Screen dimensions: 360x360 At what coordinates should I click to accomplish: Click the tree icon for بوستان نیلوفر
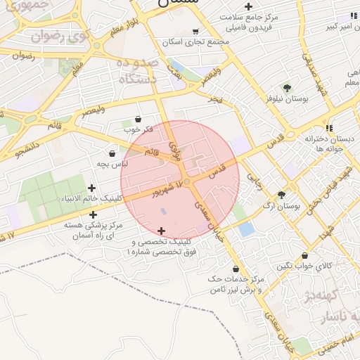(x=286, y=88)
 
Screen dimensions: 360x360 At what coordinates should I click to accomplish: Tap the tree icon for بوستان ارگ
(x=282, y=195)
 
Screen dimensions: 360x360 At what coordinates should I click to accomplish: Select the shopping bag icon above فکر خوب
(x=137, y=120)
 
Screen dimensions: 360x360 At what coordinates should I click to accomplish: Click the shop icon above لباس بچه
(x=112, y=153)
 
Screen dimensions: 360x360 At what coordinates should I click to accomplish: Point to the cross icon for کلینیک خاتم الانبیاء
(x=92, y=188)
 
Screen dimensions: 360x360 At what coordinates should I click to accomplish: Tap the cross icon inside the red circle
(x=162, y=231)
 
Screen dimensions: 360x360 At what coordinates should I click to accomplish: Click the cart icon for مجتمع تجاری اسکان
(x=195, y=32)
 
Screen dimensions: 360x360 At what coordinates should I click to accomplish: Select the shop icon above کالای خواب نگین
(x=304, y=255)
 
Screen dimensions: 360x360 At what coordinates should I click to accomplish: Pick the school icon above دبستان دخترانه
(x=308, y=127)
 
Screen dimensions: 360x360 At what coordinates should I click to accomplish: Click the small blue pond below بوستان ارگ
(x=246, y=229)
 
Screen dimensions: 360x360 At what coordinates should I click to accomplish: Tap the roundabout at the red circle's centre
(x=186, y=181)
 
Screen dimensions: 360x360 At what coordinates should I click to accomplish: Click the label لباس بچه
(x=112, y=164)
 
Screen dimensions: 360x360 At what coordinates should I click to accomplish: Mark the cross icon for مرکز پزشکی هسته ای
(x=94, y=214)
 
